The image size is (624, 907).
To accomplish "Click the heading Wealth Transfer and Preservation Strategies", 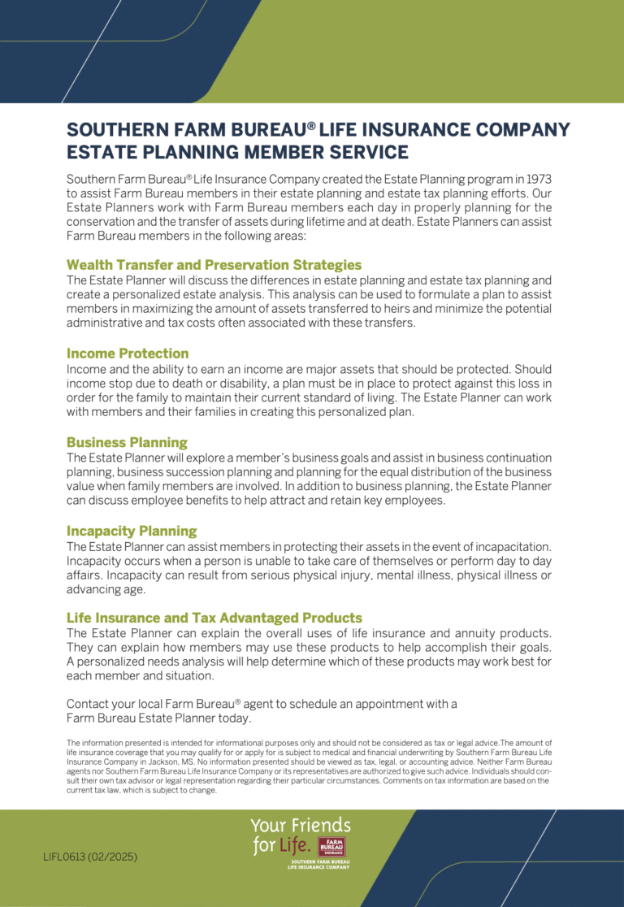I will point(214,265).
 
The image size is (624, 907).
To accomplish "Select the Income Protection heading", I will point(128,354).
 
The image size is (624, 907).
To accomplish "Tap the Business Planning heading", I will point(127,442).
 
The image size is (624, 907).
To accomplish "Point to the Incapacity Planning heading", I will point(132,531).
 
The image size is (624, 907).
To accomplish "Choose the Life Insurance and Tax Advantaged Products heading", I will point(214,618).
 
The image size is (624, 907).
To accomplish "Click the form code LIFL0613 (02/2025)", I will point(90,857).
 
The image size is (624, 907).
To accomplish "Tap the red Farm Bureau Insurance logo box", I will point(331,846).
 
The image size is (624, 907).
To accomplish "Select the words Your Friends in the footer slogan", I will point(301,827).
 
